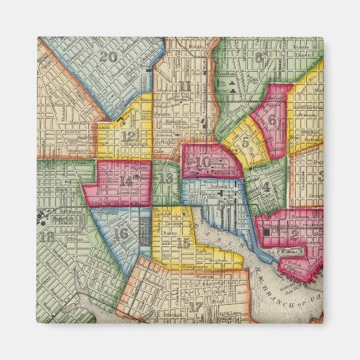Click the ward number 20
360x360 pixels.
pos(109,56)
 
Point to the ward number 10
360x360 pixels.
pos(205,162)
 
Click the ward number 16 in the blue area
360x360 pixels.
pos(120,233)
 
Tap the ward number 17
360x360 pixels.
pos(195,306)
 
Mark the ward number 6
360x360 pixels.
pos(272,119)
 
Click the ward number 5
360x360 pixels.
pos(245,142)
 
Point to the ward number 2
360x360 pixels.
pos(295,235)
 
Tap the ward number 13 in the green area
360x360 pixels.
pos(166,178)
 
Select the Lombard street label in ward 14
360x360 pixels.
pos(126,192)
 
